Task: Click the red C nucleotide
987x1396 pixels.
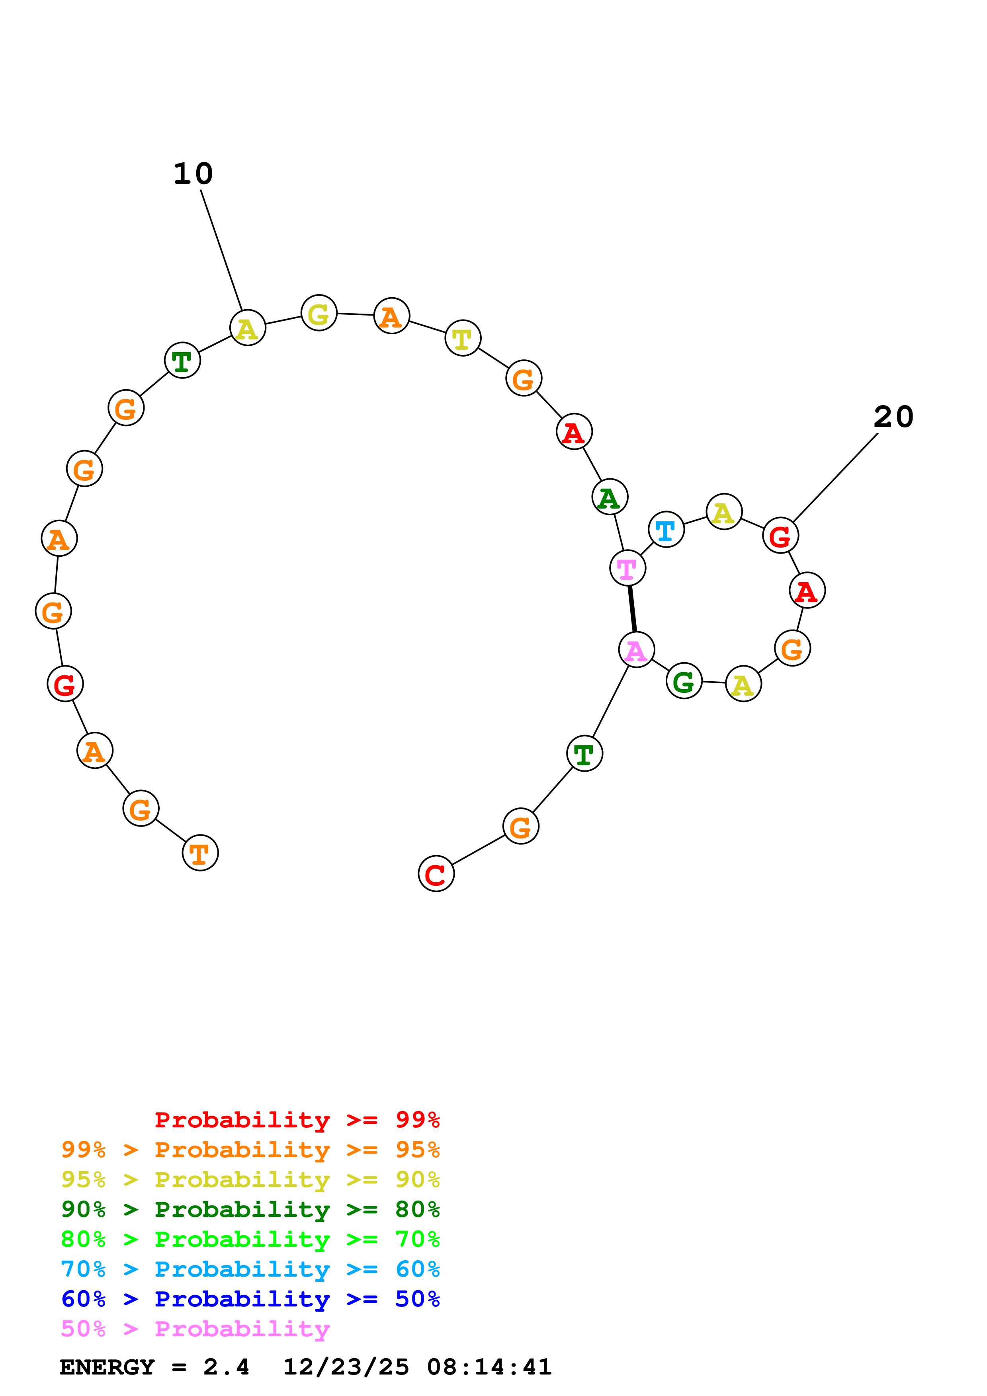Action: click(436, 874)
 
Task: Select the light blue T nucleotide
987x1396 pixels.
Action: click(666, 530)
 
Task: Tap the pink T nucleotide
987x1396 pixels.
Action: click(627, 568)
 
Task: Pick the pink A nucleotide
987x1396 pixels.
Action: click(636, 650)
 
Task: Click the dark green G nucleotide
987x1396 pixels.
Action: click(684, 681)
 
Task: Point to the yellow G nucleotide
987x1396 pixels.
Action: click(319, 313)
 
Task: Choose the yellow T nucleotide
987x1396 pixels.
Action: click(463, 338)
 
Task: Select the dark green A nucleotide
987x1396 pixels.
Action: click(609, 497)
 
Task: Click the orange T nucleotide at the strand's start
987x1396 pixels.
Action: click(200, 853)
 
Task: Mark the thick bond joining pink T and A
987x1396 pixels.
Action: click(632, 608)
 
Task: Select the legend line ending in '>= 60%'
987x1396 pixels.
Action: click(250, 1269)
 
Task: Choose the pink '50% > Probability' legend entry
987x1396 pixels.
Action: click(195, 1329)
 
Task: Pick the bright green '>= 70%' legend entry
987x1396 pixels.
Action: click(250, 1240)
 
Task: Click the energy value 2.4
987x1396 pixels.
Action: click(226, 1367)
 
